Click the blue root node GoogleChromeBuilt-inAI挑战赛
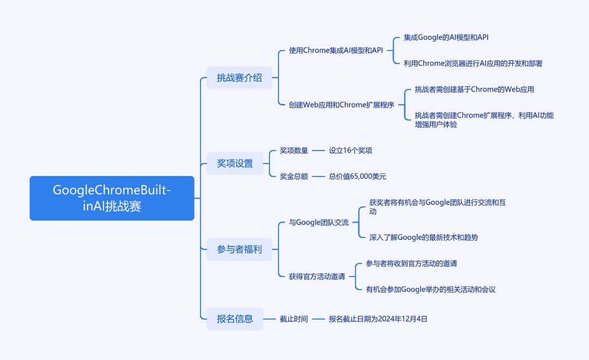(112, 198)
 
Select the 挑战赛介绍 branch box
(239, 78)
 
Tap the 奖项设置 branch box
(235, 164)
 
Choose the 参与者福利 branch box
(239, 249)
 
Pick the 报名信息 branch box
(235, 319)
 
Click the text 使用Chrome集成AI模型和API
(336, 50)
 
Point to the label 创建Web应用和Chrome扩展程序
(341, 105)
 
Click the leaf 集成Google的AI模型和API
(446, 37)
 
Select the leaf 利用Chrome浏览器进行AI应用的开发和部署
(473, 63)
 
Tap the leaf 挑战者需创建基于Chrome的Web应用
(474, 89)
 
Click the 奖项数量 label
(294, 151)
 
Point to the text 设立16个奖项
(351, 151)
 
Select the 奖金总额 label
(294, 177)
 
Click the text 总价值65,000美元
(357, 177)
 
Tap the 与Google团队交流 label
(318, 223)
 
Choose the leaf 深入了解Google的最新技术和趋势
(424, 237)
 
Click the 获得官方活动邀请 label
(317, 277)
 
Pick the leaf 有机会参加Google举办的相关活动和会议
(431, 289)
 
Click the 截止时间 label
(294, 319)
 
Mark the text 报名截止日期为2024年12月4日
(378, 319)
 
